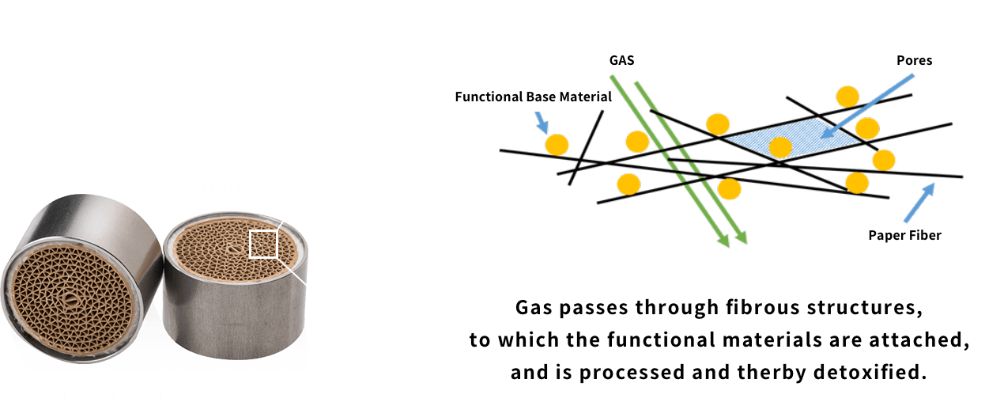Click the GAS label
[x=621, y=60]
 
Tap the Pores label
[x=915, y=60]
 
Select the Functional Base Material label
[x=533, y=97]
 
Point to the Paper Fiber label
[x=905, y=235]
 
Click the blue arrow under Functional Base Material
[x=542, y=123]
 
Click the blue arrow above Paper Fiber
[x=919, y=203]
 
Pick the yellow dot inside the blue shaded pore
[x=780, y=147]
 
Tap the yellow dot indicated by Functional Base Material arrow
[x=557, y=145]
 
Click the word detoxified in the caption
[x=870, y=372]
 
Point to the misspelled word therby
[x=772, y=372]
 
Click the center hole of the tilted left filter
[x=70, y=299]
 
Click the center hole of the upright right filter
[x=232, y=249]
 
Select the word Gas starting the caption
[x=534, y=308]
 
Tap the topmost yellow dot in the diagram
[x=847, y=97]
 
